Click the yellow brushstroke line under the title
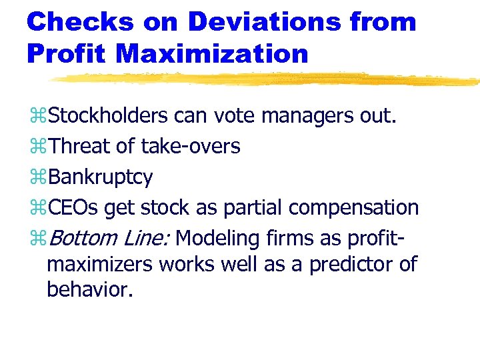coord(267,79)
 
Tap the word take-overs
coord(190,147)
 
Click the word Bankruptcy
coord(101,177)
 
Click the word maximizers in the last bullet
coord(99,264)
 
